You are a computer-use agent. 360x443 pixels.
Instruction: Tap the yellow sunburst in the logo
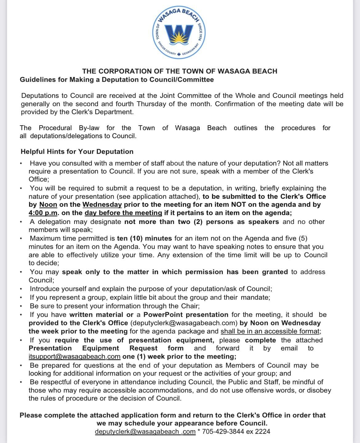pyautogui.click(x=180, y=38)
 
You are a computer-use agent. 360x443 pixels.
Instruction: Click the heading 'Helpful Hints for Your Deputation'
pyautogui.click(x=77, y=152)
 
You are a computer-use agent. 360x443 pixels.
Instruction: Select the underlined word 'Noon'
pyautogui.click(x=48, y=205)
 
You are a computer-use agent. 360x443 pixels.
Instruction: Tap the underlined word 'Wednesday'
pyautogui.click(x=102, y=205)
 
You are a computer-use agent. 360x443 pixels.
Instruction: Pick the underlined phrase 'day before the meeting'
pyautogui.click(x=123, y=213)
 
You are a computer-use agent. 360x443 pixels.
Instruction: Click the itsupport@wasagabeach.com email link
pyautogui.click(x=74, y=357)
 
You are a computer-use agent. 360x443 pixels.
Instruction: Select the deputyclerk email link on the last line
pyautogui.click(x=145, y=431)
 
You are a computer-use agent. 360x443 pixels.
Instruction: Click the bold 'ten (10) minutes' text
pyautogui.click(x=144, y=238)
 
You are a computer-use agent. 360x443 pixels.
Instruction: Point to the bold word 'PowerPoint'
pyautogui.click(x=163, y=315)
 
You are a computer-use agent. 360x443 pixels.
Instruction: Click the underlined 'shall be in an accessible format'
pyautogui.click(x=270, y=331)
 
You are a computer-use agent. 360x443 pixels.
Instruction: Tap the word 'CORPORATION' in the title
pyautogui.click(x=127, y=71)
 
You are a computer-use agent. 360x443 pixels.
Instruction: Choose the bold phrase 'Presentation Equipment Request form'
pyautogui.click(x=106, y=348)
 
